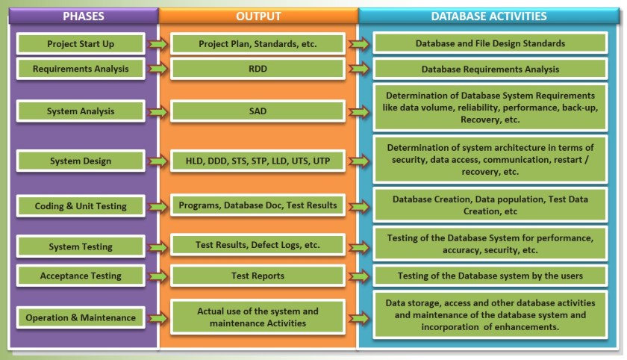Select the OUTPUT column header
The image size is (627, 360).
coord(258,16)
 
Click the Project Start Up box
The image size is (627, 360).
coord(81,43)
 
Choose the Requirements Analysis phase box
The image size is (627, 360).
coord(81,69)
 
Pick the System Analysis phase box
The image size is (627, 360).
coord(81,111)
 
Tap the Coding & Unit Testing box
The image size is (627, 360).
coord(81,205)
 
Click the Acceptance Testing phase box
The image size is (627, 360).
coord(81,276)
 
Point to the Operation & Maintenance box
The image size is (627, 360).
coord(81,317)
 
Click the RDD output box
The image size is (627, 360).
coord(258,69)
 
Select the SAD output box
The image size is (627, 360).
coord(258,111)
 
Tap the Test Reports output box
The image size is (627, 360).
coord(258,276)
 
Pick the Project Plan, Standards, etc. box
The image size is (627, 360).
coord(258,43)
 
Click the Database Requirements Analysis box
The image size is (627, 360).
coord(490,69)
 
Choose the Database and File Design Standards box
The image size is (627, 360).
coord(490,43)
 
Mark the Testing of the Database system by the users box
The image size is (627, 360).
coord(490,276)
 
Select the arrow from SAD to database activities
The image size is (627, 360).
coord(359,112)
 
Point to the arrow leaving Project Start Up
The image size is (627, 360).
coord(157,43)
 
